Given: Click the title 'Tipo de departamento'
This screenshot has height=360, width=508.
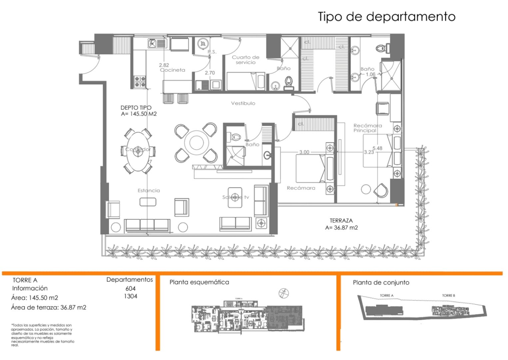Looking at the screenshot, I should pos(386,16).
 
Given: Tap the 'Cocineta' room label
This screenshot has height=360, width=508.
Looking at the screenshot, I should pos(172,70).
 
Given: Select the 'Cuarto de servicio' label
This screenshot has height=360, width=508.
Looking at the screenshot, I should pos(246,60).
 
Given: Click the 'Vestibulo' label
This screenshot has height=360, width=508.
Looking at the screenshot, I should pos(243,103).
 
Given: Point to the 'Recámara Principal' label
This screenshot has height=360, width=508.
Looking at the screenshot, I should pos(367,128).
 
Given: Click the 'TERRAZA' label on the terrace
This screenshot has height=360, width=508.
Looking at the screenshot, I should pos(341,221).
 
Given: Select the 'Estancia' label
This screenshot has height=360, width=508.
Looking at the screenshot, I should pos(149,191).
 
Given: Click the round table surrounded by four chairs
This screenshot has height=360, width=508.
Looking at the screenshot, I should pos(196,143).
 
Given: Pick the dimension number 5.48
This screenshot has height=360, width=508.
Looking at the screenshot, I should pos(377,148).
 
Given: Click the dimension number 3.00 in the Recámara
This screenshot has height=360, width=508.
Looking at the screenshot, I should pos(304,152).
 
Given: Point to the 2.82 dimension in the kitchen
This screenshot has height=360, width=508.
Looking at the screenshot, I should pos(164,65).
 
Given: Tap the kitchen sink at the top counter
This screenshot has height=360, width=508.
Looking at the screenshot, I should pos(157,43).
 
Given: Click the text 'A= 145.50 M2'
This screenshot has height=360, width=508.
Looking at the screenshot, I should pos(139,114).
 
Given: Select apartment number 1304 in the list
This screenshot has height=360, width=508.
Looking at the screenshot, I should pos(131,296).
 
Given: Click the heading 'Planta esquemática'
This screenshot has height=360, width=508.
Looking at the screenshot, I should pos(199,282).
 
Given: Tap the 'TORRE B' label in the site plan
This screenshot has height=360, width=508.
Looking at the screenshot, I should pos(448,295).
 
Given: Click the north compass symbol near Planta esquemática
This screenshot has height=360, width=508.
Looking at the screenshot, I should pos(283,293).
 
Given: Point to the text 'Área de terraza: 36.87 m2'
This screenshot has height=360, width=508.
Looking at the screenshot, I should pos(49,307).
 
